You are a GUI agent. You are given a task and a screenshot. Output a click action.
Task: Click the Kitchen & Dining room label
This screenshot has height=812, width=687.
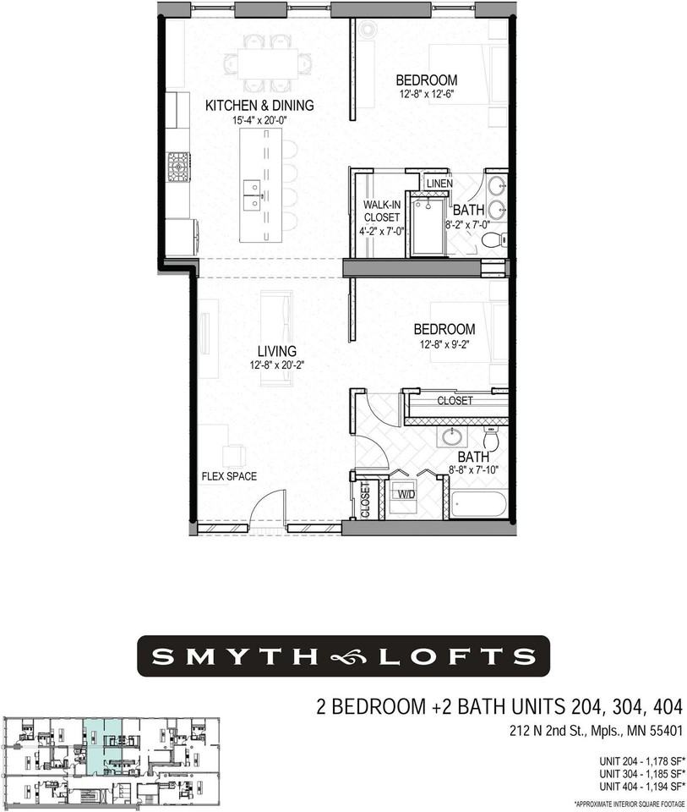[x=259, y=106]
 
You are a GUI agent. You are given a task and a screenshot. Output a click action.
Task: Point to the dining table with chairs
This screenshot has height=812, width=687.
[x=268, y=63]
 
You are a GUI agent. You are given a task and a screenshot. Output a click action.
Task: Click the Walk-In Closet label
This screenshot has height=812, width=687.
[x=381, y=217]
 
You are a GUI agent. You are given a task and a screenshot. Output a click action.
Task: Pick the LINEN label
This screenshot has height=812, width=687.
[x=439, y=184]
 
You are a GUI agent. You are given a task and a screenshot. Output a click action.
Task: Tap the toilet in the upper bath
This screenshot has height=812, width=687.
[x=493, y=241]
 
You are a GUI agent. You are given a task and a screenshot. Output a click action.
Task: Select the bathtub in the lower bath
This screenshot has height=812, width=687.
[x=478, y=504]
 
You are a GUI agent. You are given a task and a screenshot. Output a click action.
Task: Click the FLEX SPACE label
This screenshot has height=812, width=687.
[x=224, y=475]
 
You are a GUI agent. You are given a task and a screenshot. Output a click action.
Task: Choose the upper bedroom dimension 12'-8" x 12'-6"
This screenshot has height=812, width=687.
[x=428, y=95]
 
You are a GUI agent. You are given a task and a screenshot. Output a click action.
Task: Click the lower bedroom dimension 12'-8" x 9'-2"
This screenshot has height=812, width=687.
[x=444, y=343]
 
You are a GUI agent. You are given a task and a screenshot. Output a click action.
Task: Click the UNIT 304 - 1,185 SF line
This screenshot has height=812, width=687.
[x=641, y=773]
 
